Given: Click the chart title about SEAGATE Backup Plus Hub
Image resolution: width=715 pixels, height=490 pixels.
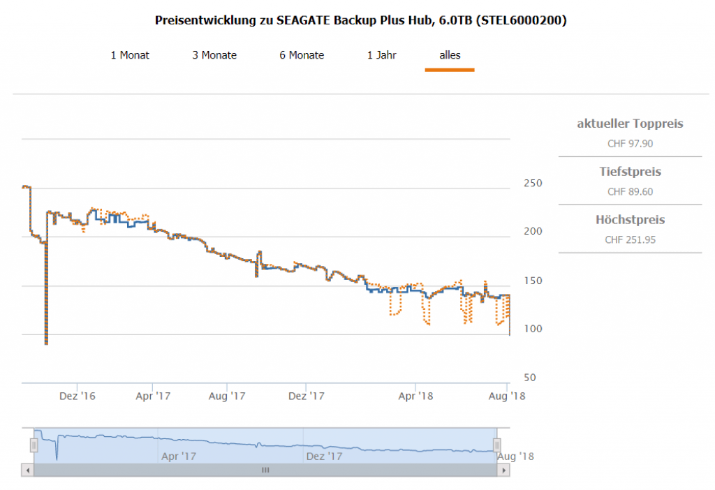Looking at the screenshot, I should pyautogui.click(x=360, y=21).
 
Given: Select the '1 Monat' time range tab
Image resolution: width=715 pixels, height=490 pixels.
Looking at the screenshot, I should pyautogui.click(x=130, y=55).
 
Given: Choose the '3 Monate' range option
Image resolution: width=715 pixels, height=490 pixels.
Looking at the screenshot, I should pyautogui.click(x=214, y=55).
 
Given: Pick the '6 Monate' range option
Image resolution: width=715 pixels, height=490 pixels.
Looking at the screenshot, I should pyautogui.click(x=302, y=55).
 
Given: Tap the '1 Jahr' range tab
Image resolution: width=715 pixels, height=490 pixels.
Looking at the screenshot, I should pyautogui.click(x=382, y=55).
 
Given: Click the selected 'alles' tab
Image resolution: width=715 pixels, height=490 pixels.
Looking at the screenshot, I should pyautogui.click(x=450, y=55).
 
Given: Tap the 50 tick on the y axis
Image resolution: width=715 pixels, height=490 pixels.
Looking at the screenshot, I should pyautogui.click(x=530, y=378).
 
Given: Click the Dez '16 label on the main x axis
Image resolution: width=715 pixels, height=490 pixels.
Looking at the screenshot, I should pyautogui.click(x=78, y=396).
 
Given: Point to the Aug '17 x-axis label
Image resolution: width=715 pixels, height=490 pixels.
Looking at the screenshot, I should pyautogui.click(x=228, y=396).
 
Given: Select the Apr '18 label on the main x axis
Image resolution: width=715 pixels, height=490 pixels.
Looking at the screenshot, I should pyautogui.click(x=415, y=396).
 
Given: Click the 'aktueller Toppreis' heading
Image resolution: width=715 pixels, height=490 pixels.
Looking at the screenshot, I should pyautogui.click(x=630, y=124).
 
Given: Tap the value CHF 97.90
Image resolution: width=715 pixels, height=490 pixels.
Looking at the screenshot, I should pyautogui.click(x=630, y=144).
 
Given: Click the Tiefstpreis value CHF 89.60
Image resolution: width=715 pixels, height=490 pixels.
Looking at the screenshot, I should pyautogui.click(x=630, y=192).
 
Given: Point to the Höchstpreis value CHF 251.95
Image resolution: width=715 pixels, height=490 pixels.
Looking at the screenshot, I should pyautogui.click(x=630, y=240).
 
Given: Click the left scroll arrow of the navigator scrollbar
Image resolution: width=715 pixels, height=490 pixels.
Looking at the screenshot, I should pyautogui.click(x=28, y=470).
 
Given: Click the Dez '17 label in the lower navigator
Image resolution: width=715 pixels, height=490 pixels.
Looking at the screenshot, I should pyautogui.click(x=324, y=456).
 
